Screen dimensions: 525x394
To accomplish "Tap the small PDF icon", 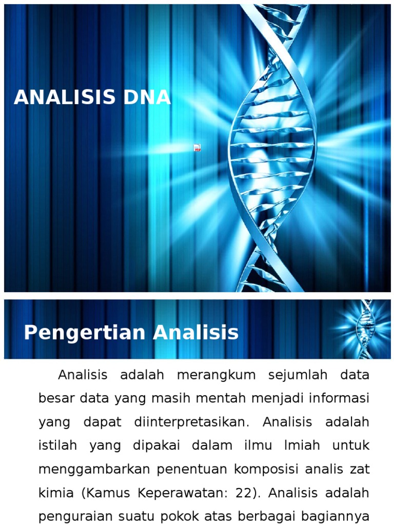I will pos(197,148).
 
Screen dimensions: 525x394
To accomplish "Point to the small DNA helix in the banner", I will pos(365,329).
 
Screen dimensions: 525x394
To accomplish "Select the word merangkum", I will pos(216,375).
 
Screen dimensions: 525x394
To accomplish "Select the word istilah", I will pos(57,446).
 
